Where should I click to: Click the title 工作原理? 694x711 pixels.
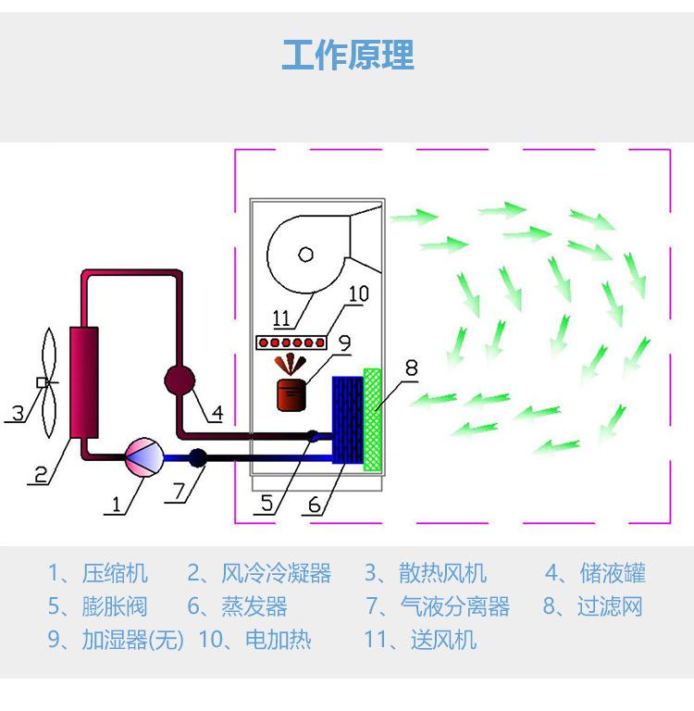[x=347, y=56]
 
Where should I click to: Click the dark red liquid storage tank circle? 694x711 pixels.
[x=180, y=380]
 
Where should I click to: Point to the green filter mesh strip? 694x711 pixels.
[x=372, y=419]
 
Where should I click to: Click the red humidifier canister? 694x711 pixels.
[x=293, y=393]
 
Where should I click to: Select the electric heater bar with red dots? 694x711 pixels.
[x=290, y=343]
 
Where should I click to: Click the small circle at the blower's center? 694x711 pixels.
[x=305, y=254]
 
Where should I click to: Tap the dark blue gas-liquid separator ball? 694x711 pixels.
[x=197, y=457]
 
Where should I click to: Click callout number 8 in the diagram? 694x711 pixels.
[x=411, y=368]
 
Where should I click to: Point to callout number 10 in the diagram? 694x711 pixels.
[x=358, y=294]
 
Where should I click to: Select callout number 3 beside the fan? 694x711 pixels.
[x=18, y=412]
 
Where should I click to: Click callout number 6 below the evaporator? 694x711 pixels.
[x=315, y=505]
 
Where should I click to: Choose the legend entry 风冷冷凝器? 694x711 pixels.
[x=276, y=574]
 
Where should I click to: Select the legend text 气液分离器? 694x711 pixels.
[x=454, y=607]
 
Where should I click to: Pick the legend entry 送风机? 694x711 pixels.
[x=443, y=640]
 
